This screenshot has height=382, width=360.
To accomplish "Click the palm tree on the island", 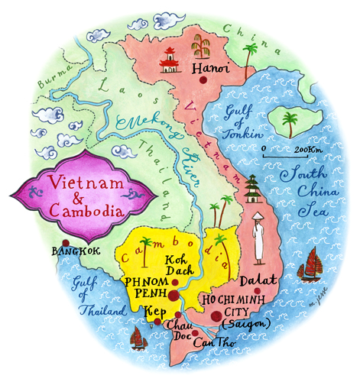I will coord(290,123).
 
